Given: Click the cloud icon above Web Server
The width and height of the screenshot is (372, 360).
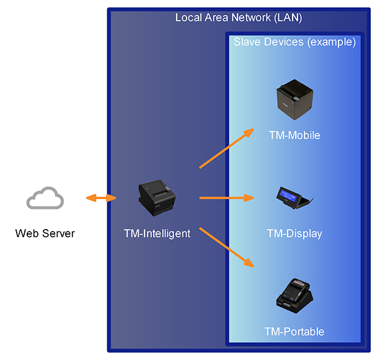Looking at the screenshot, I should pos(45,198).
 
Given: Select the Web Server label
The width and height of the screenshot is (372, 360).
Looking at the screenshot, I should pos(45,233).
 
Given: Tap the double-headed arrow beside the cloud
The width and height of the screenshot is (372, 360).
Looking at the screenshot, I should pos(101,198).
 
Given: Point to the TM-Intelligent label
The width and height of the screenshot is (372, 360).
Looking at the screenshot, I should pos(157,233).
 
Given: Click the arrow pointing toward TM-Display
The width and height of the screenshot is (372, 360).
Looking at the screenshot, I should pos(227,198).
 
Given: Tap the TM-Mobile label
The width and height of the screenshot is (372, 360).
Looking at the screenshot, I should pos(294,135).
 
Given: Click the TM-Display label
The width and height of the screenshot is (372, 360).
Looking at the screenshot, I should pos(294,233).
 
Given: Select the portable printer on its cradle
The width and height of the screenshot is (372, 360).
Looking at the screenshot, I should pos(295,296).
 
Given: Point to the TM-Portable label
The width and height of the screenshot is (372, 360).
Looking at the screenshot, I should pos(294,331).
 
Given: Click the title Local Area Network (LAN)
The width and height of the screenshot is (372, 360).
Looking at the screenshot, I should pos(238,17).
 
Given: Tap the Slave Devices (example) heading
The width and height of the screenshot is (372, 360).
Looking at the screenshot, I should pos(294,42).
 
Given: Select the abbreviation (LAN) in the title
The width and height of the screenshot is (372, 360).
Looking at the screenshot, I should pos(288,17).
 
